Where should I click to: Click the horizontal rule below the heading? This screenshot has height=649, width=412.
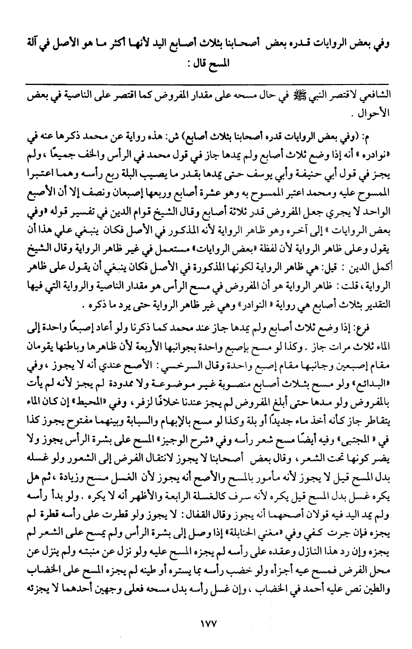click(x=206, y=85)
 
